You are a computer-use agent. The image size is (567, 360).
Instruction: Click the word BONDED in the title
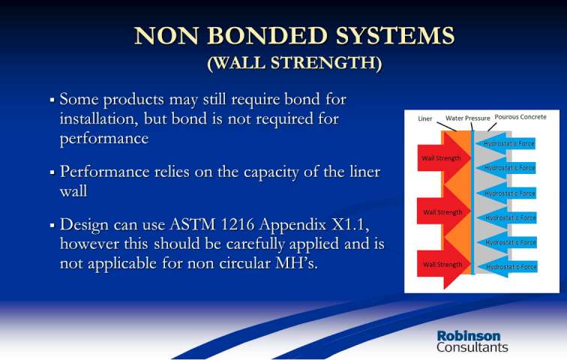pos(267,35)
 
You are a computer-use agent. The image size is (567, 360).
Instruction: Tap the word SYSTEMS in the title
pos(394,35)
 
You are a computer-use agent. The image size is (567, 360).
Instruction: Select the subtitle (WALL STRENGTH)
pos(294,63)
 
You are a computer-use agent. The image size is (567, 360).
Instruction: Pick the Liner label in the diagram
pos(425,118)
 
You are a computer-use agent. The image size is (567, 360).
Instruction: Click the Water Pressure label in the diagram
pos(467,118)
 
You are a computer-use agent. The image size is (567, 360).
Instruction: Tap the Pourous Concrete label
pos(520,117)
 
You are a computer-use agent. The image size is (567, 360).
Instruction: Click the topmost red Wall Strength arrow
pos(444,158)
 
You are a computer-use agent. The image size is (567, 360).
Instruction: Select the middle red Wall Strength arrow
pos(444,211)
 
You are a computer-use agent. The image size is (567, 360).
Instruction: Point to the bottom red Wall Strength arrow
pos(444,264)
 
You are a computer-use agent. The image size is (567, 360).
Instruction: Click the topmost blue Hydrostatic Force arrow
pos(505,143)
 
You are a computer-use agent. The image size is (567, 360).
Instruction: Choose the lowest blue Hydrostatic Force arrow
pos(506,267)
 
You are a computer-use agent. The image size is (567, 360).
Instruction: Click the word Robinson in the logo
pos(469,336)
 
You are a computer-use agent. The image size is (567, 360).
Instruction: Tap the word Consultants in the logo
pos(472,347)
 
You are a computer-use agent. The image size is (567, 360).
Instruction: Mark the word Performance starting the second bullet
pos(104,172)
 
